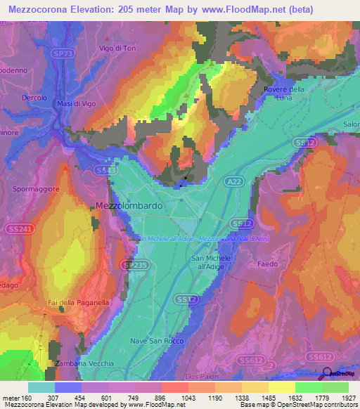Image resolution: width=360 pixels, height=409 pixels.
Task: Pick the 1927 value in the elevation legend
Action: coord(347,398)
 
